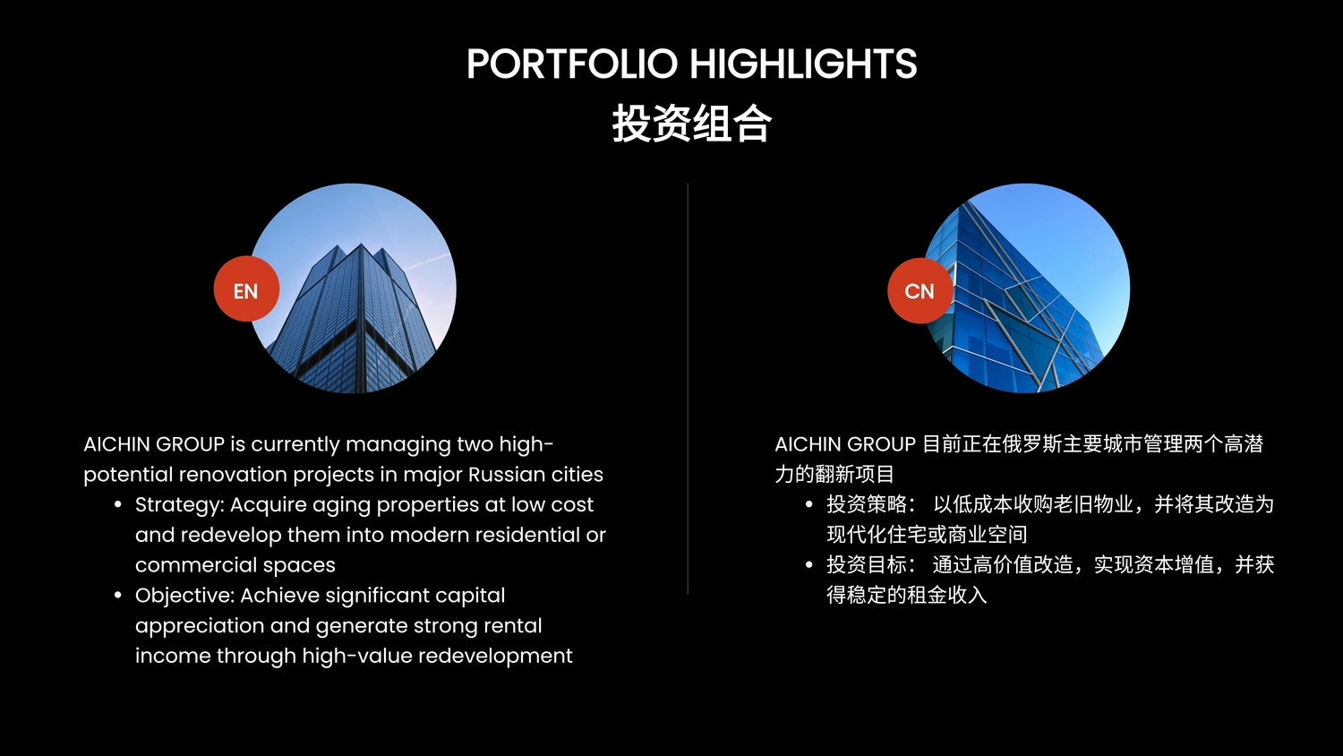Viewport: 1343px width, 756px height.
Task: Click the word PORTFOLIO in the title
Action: [x=572, y=64]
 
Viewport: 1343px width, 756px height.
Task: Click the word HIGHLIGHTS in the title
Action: [x=803, y=64]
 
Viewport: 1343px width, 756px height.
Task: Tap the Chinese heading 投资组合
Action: [x=692, y=123]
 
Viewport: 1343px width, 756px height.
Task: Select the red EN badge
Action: [x=246, y=289]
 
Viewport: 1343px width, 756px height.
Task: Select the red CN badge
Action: [x=920, y=291]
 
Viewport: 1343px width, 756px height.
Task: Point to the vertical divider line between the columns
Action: [x=688, y=389]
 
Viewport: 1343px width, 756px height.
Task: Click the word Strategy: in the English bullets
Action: [x=179, y=505]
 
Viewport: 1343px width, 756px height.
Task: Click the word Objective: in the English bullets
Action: [x=184, y=595]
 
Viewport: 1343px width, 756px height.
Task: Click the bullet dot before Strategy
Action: [x=117, y=504]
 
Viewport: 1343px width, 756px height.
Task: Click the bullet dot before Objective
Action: [x=117, y=595]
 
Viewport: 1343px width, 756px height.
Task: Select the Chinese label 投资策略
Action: [x=867, y=504]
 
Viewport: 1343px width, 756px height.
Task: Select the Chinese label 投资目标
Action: [x=867, y=564]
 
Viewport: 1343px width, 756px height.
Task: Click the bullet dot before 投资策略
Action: [x=808, y=504]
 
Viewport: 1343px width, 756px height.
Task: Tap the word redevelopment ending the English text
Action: [x=495, y=656]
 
